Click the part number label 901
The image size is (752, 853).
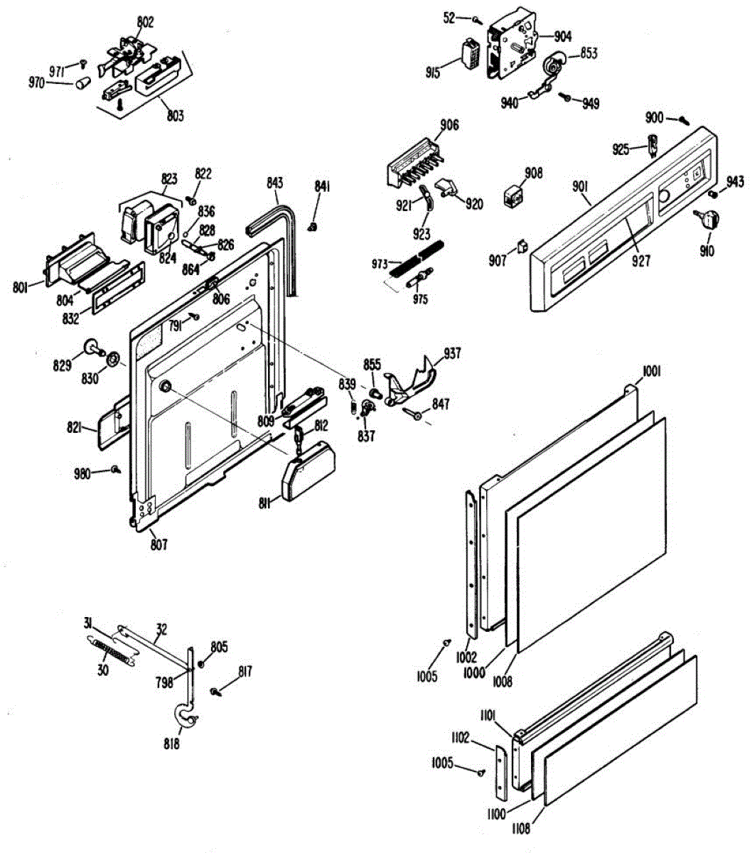point(580,186)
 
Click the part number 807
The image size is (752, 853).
point(158,545)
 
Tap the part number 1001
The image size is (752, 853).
point(652,370)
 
